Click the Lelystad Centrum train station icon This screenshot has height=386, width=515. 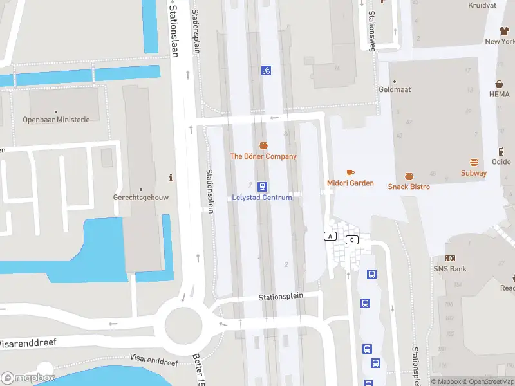(263, 187)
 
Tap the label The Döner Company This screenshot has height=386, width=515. (263, 156)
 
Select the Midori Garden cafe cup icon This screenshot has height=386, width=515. (350, 172)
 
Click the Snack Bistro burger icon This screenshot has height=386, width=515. (409, 176)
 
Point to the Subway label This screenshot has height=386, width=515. (473, 173)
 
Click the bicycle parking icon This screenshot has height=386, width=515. (266, 70)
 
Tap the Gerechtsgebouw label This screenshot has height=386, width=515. (140, 198)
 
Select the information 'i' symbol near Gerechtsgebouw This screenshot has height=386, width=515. (170, 178)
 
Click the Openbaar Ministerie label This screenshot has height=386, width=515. (56, 120)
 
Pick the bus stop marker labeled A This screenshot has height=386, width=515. (330, 236)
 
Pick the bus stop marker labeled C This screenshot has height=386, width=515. (351, 240)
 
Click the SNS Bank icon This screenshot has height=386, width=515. (450, 258)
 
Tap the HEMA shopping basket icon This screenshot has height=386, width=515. (499, 84)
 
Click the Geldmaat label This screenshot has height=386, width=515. (395, 90)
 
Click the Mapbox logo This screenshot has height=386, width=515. (28, 378)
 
